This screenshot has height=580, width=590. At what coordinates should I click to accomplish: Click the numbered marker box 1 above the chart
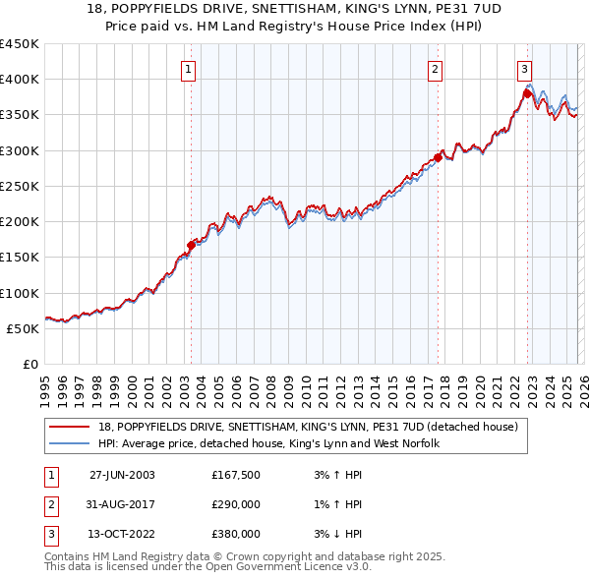click(188, 69)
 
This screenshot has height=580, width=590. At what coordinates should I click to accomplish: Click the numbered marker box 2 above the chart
click(435, 69)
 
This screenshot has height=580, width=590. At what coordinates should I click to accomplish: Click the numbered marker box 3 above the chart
click(525, 69)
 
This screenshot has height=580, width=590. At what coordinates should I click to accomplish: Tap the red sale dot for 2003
click(192, 245)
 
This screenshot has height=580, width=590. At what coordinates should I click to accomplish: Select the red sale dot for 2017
click(438, 157)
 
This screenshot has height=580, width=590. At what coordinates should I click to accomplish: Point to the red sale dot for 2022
click(527, 93)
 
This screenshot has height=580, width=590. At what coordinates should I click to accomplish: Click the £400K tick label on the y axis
click(19, 80)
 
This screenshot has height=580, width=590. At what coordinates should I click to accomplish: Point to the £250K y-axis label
click(19, 186)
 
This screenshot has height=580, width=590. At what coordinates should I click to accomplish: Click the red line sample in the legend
click(70, 427)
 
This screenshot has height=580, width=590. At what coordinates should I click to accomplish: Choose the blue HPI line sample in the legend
click(70, 443)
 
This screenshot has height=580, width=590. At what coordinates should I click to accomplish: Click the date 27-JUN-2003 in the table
click(122, 476)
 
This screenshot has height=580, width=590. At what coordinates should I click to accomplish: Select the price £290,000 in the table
click(236, 504)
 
